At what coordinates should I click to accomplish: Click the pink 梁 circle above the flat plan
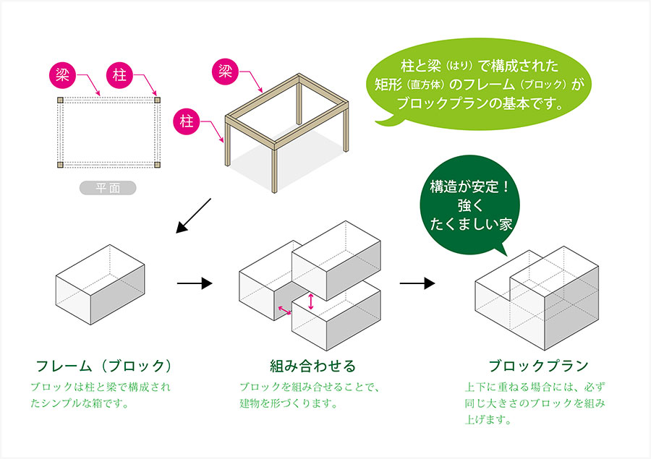63,75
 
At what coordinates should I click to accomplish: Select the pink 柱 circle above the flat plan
119,75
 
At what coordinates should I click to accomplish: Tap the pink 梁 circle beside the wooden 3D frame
226,72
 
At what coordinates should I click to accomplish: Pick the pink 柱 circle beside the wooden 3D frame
187,122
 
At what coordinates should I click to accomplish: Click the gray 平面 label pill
108,188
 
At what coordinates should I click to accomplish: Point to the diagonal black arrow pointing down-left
193,215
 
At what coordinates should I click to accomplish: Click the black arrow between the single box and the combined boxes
195,283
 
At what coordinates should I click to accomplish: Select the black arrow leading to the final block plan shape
417,283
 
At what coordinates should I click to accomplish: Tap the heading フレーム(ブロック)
103,366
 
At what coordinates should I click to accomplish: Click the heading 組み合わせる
313,366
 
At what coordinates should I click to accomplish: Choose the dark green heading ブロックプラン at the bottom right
538,366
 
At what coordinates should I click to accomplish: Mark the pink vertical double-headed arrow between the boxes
311,301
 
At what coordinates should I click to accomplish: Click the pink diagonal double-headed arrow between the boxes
284,310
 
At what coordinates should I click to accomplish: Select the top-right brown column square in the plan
157,100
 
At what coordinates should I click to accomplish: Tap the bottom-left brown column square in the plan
60,165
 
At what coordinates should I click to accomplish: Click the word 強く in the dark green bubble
470,206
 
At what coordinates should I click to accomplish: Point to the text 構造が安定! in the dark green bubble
470,187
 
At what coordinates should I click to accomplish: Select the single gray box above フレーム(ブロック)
100,284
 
